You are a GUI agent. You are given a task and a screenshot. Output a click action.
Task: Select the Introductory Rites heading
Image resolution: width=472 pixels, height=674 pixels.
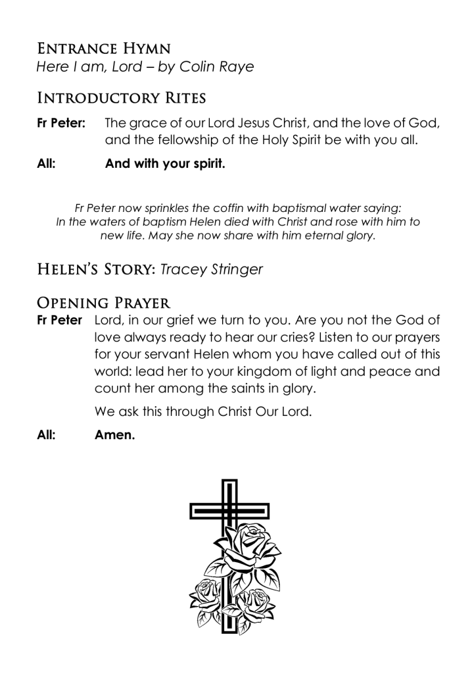pos(122,99)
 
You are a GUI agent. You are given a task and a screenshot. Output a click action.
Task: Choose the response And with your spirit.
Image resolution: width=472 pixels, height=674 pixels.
pos(165,164)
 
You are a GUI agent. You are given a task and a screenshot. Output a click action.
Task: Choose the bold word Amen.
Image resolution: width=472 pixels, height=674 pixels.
pos(115,435)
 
